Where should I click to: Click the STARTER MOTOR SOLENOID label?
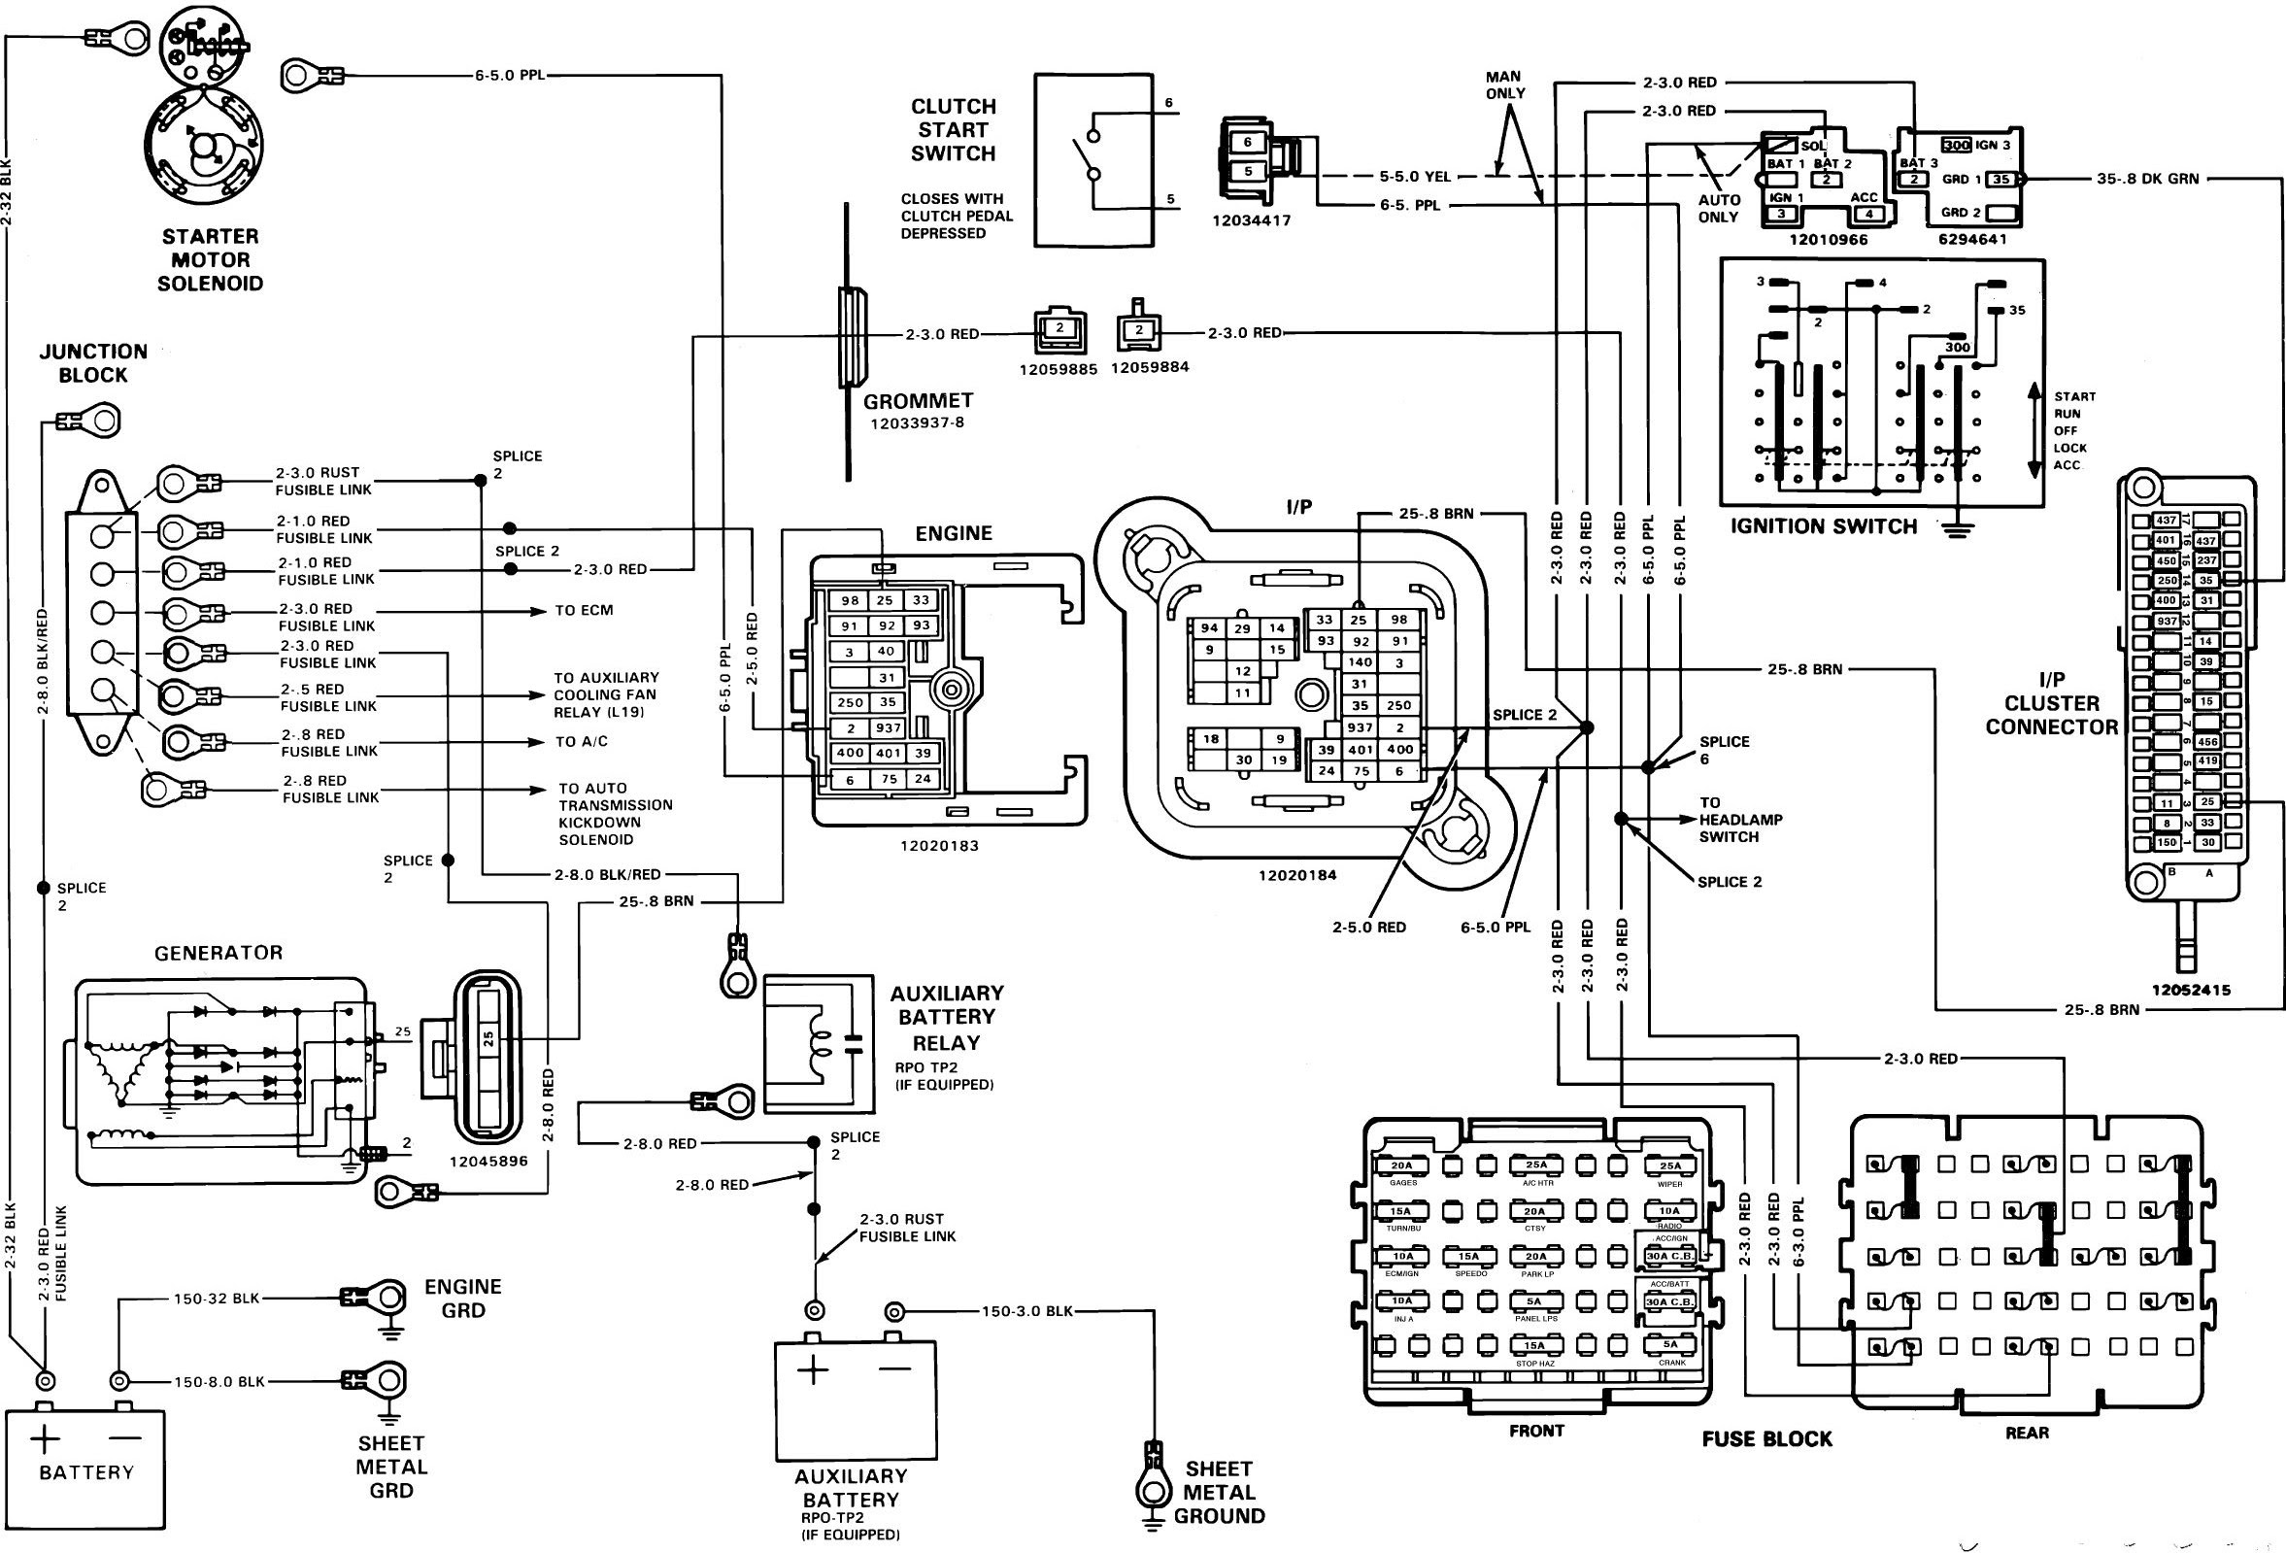(x=211, y=260)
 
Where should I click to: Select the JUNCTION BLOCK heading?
(x=93, y=363)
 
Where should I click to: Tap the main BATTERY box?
(x=85, y=1469)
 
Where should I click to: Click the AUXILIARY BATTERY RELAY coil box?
(x=819, y=1044)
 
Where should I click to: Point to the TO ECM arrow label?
(x=584, y=611)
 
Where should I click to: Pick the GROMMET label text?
(x=918, y=401)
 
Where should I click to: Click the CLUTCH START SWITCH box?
(x=1093, y=159)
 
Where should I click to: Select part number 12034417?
(x=1251, y=221)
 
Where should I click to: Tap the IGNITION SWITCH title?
(x=1824, y=526)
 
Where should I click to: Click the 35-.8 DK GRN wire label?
(x=2146, y=179)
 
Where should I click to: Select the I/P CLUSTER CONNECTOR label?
(x=2051, y=703)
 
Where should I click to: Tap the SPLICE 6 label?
(x=1724, y=750)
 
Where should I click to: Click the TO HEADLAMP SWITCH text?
(x=1740, y=820)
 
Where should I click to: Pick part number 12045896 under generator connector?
(x=487, y=1162)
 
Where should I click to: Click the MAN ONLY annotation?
(x=1504, y=84)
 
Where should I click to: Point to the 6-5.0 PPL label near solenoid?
(x=510, y=75)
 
